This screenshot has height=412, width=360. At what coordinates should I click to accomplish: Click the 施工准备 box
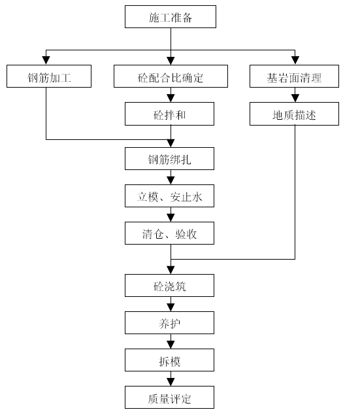pyautogui.click(x=171, y=16)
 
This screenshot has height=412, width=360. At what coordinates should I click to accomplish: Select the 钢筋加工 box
pyautogui.click(x=49, y=77)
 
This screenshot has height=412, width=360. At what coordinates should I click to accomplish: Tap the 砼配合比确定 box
pyautogui.click(x=171, y=77)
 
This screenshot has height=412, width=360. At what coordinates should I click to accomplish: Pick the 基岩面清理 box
pyautogui.click(x=294, y=77)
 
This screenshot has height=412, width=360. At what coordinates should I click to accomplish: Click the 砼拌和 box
pyautogui.click(x=169, y=114)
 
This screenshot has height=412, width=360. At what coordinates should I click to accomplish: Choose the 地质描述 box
pyautogui.click(x=294, y=114)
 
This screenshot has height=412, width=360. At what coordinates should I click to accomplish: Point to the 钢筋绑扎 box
pyautogui.click(x=169, y=158)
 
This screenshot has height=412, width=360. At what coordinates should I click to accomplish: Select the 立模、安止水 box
pyautogui.click(x=169, y=196)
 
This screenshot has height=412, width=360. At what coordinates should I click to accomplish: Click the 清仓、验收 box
pyautogui.click(x=169, y=233)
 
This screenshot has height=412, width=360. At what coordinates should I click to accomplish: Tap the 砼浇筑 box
pyautogui.click(x=169, y=285)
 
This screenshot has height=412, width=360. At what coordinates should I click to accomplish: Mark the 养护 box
pyautogui.click(x=169, y=322)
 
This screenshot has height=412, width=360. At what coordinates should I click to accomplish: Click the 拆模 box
pyautogui.click(x=169, y=360)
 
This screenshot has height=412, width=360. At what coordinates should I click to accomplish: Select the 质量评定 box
pyautogui.click(x=169, y=398)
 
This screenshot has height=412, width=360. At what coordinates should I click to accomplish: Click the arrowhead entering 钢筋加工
pyautogui.click(x=46, y=61)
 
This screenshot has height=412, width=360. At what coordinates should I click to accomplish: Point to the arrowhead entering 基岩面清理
pyautogui.click(x=295, y=61)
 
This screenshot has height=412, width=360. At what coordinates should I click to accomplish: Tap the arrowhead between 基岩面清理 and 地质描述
pyautogui.click(x=295, y=98)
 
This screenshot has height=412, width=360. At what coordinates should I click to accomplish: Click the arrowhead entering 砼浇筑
pyautogui.click(x=171, y=270)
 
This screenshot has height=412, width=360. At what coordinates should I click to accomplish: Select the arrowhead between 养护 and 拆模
pyautogui.click(x=171, y=345)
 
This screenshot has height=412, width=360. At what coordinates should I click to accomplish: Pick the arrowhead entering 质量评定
pyautogui.click(x=171, y=382)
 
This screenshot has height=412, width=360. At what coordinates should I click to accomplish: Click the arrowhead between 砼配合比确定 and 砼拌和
pyautogui.click(x=171, y=98)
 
